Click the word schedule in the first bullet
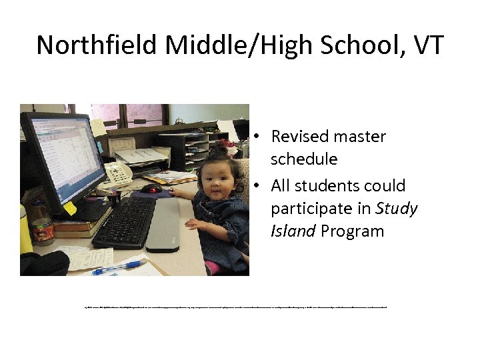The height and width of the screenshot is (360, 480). click(304, 159)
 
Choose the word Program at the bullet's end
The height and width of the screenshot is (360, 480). click(353, 231)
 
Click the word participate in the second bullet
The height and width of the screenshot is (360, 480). click(311, 209)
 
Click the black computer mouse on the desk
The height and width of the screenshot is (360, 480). click(151, 189)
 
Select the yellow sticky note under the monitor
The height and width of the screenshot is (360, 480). click(70, 208)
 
